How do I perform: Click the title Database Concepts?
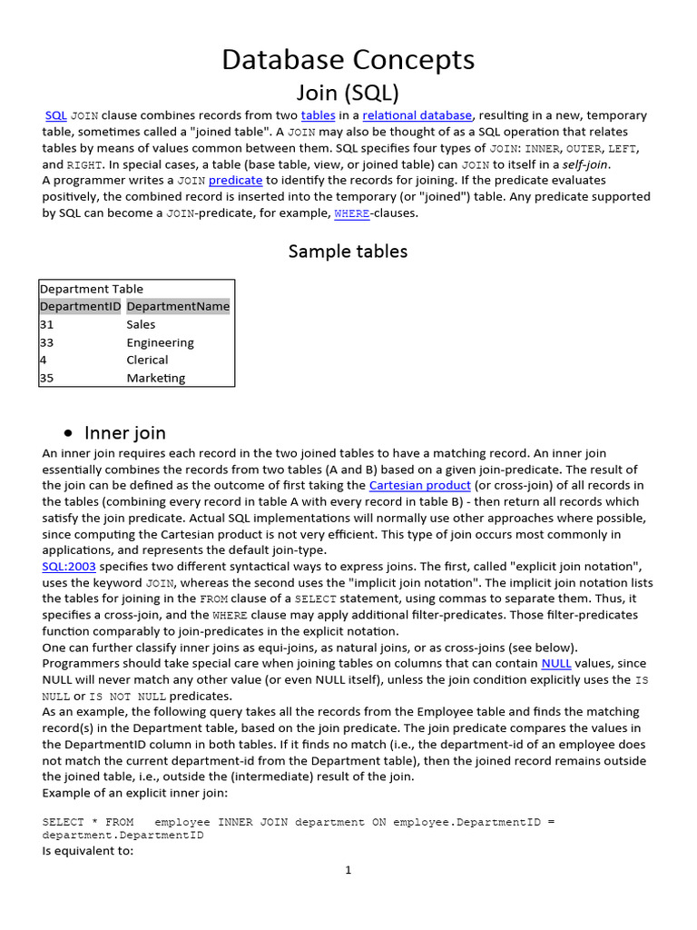coord(348,60)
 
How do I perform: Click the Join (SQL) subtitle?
coord(348,92)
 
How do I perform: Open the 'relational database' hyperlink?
coord(417,115)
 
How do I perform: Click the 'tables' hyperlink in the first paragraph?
coord(318,115)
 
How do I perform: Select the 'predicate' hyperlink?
coord(235,181)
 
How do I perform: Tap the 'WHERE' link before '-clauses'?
coord(351,214)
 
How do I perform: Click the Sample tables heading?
coord(348,252)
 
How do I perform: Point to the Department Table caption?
coord(91,289)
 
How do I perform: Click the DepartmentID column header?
coord(80,307)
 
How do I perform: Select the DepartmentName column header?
coord(178,307)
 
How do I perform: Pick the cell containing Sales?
coord(141,324)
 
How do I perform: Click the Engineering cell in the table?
coord(160,342)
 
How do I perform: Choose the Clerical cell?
coord(147,360)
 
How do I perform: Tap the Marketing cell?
coord(155,378)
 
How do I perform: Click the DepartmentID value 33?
coord(47,342)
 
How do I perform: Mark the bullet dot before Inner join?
coord(69,434)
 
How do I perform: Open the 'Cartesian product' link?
coord(419,486)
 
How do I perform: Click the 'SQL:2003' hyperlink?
coord(69,566)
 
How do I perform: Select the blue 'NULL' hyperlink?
coord(555,664)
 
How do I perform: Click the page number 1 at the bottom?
coord(348,870)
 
